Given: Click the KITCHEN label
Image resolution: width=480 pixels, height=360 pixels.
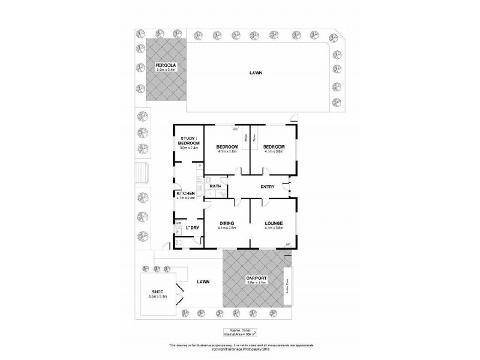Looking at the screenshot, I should [185, 193].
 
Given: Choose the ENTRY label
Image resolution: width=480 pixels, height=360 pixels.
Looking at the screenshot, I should [268, 187].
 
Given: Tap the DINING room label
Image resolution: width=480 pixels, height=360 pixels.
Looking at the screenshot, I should [227, 223].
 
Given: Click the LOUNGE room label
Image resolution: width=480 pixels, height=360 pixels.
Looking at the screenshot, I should [273, 223].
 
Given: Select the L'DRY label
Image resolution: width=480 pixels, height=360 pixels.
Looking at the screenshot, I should [192, 228].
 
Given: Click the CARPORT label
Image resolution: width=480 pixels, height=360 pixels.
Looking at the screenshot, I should [256, 279].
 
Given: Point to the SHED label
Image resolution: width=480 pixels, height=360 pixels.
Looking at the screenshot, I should [157, 291].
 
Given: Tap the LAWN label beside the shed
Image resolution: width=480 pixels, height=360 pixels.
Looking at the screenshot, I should [200, 281].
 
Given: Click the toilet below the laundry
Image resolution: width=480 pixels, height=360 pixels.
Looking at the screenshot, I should [181, 242].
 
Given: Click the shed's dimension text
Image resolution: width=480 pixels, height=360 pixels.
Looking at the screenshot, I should [157, 296].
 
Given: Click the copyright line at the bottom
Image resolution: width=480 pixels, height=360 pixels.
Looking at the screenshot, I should [240, 349].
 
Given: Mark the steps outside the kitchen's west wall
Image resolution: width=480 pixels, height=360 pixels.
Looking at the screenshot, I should [142, 173].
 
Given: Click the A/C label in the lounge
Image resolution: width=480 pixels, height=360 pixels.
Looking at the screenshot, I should [287, 243].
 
